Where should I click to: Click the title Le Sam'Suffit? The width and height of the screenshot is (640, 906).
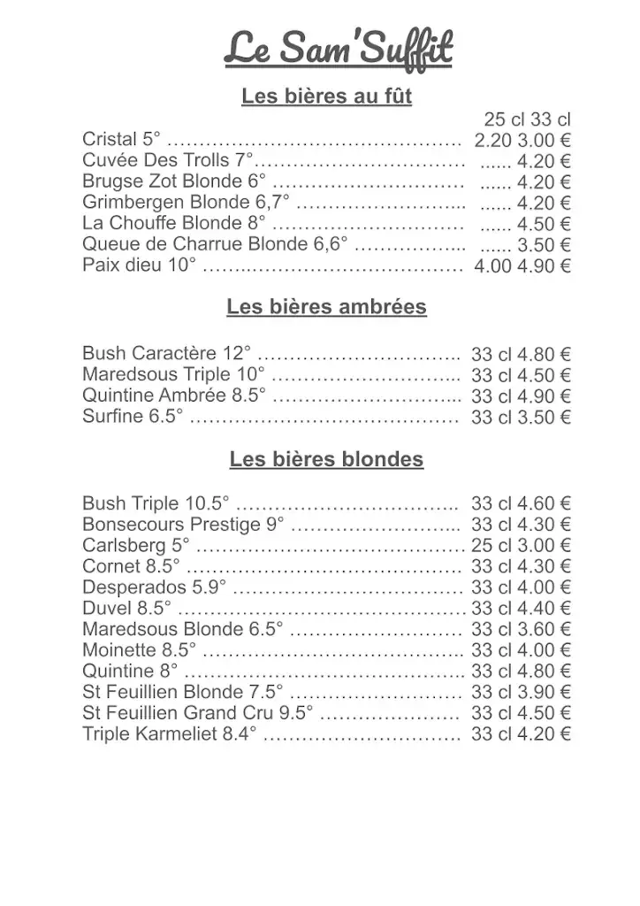pyautogui.click(x=338, y=49)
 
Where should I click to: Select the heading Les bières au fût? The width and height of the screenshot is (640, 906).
pyautogui.click(x=326, y=96)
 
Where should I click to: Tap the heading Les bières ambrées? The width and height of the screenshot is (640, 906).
pyautogui.click(x=326, y=307)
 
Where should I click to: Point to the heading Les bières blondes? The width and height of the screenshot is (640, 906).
pyautogui.click(x=326, y=460)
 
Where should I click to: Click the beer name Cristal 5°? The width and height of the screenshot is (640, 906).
pyautogui.click(x=122, y=140)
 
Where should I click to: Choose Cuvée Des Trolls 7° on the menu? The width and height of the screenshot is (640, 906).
pyautogui.click(x=168, y=161)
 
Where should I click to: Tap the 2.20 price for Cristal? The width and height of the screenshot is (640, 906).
pyautogui.click(x=493, y=140)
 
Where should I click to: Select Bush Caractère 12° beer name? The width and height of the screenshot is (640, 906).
pyautogui.click(x=166, y=353)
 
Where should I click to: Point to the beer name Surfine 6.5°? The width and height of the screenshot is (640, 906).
pyautogui.click(x=133, y=416)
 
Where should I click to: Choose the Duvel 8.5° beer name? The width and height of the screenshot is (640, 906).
pyautogui.click(x=126, y=608)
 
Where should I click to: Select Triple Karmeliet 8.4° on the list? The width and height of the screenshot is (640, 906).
pyautogui.click(x=169, y=733)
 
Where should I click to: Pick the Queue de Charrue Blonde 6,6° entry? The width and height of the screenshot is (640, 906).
pyautogui.click(x=215, y=244)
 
